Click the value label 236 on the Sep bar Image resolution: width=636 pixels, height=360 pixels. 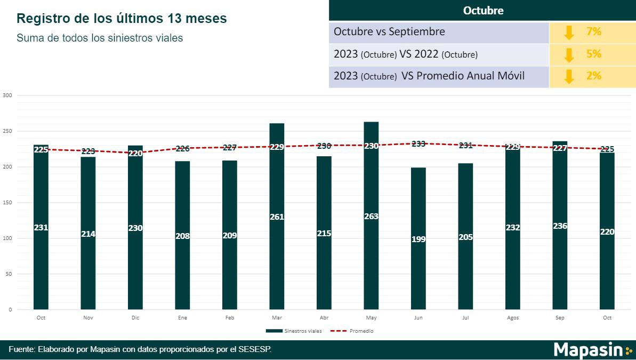tap(560, 226)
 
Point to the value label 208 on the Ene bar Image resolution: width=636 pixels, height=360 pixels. tap(182, 236)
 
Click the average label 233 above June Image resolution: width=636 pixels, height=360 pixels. tap(418, 143)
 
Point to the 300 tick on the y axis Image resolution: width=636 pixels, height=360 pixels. tap(7, 95)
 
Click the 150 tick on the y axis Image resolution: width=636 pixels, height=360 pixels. tap(7, 203)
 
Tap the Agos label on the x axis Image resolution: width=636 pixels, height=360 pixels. tap(512, 318)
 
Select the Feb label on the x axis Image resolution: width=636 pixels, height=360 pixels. tap(229, 318)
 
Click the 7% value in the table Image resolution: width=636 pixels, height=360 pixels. tap(593, 32)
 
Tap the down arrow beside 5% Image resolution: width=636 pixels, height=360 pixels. tap(569, 54)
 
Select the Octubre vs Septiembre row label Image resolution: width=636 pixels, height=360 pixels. tap(389, 32)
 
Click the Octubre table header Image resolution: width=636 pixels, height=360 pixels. tap(483, 11)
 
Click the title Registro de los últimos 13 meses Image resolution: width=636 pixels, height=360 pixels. tap(122, 19)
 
